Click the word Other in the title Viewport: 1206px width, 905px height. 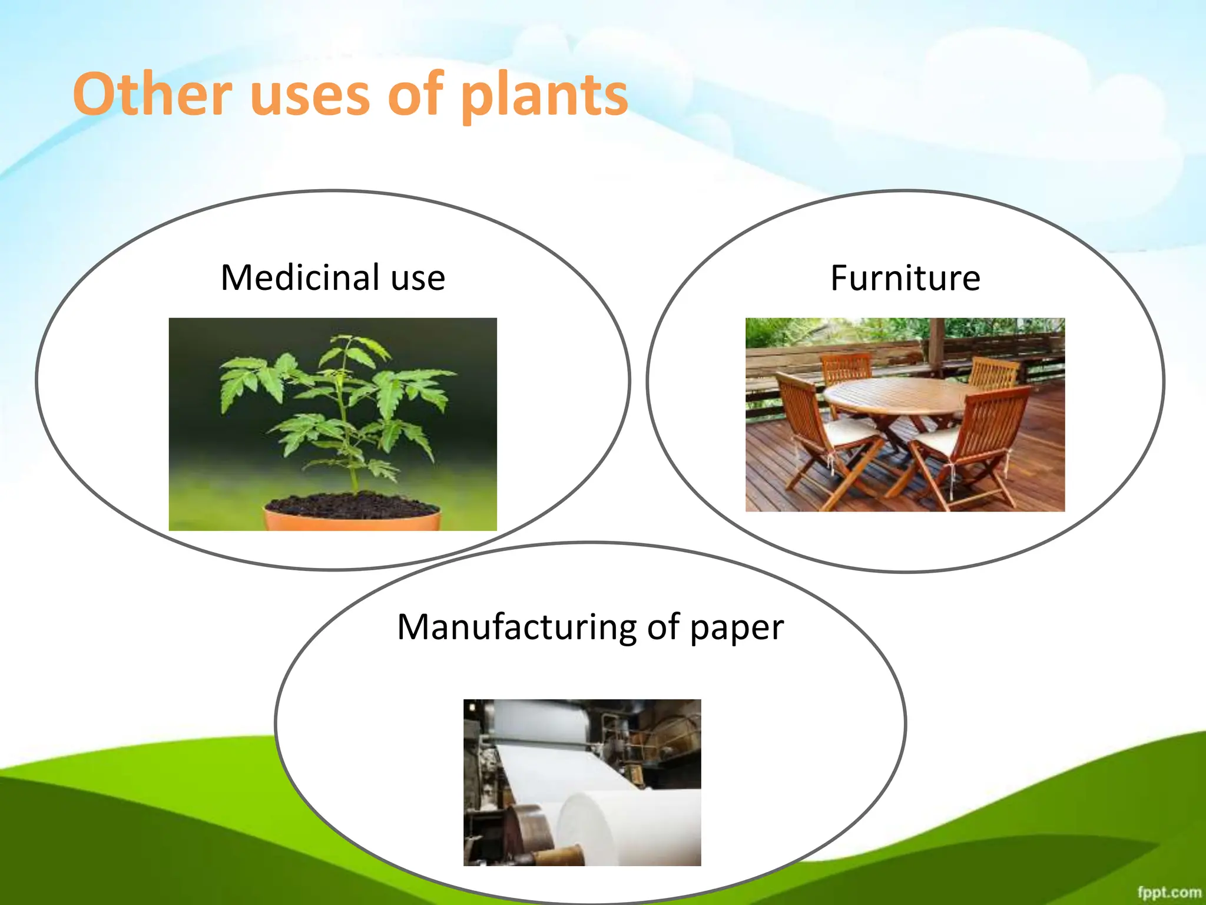pos(152,94)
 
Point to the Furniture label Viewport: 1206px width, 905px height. pos(905,278)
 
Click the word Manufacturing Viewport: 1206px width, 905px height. pos(516,626)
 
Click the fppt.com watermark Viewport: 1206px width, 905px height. pos(1168,892)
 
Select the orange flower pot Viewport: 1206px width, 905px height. pos(352,521)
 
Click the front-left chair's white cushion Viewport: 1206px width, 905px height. pos(848,430)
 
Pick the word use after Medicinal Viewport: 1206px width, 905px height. pos(418,278)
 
